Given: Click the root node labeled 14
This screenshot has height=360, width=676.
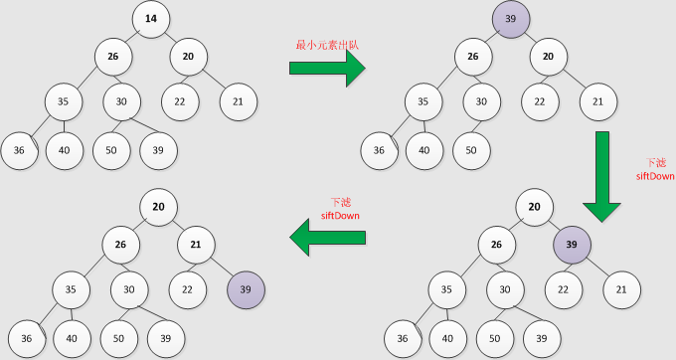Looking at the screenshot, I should pos(151,19).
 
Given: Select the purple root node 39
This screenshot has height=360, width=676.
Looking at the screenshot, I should pos(511,19).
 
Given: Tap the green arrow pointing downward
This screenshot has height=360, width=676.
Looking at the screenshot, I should pos(602,175).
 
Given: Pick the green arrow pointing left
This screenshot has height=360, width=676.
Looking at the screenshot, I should pos(327,238).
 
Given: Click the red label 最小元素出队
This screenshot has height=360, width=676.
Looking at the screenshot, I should pos(324,45).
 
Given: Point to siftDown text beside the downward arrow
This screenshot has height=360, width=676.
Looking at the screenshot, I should pos(655,176).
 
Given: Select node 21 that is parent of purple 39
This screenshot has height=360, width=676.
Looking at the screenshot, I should pos(197,245).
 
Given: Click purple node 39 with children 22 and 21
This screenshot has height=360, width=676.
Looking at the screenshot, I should pos(572,245).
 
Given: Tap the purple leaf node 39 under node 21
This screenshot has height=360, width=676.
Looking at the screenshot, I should pos(247,289).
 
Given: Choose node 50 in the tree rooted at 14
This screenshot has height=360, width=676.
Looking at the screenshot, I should pos(112,150).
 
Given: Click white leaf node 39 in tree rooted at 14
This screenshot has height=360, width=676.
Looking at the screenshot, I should pos(159,150).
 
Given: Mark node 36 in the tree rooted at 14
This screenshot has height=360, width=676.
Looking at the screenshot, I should pos(19,150).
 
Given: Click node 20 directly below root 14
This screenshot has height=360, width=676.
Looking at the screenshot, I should pos(189,57).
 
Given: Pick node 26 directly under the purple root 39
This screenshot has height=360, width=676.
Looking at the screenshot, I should pos(473,57).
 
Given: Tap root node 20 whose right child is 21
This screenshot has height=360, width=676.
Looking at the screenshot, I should pos(159,207).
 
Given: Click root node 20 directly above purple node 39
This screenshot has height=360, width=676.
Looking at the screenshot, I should pos(535,207).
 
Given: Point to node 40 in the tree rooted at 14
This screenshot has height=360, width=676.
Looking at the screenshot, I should pos(66,150).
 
